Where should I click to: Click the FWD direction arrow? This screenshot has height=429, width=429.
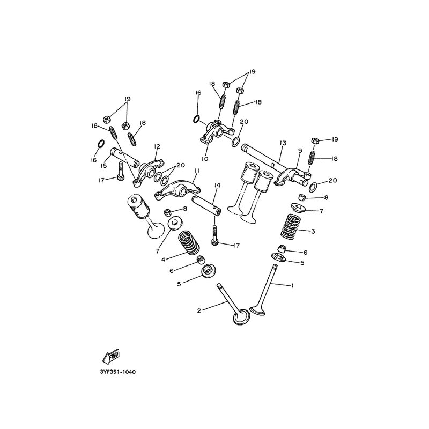tap(110, 357)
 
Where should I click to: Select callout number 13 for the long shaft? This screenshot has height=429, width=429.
tap(283, 143)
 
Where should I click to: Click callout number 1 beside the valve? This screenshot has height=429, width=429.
tap(292, 286)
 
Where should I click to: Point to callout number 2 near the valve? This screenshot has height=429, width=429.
tap(199, 310)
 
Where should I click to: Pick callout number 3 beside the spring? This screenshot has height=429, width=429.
tap(313, 231)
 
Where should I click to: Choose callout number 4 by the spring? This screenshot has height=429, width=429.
tap(164, 260)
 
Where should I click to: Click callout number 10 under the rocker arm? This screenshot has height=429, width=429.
tap(205, 158)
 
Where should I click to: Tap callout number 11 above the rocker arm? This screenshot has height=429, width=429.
tap(197, 171)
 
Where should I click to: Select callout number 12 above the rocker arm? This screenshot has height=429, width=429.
tap(157, 146)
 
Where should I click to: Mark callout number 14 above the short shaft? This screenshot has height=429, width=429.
tap(217, 186)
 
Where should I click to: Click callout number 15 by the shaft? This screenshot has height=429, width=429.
tap(103, 166)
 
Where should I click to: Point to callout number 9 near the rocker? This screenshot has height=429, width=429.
tap(300, 151)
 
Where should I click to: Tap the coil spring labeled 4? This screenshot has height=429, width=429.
tap(189, 242)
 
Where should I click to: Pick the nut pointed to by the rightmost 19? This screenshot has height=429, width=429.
tap(314, 140)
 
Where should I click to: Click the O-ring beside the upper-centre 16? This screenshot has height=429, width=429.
tap(197, 119)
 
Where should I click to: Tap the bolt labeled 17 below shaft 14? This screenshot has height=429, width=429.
tap(214, 234)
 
